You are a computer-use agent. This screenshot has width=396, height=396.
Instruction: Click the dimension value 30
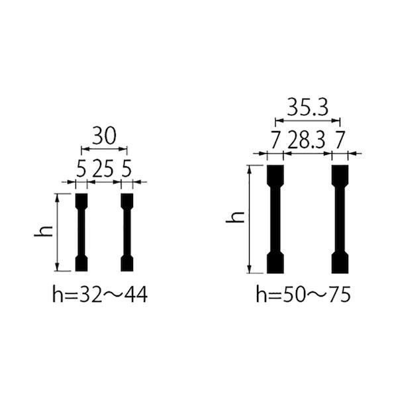click(104, 136)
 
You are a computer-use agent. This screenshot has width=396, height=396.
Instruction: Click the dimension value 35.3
click(308, 107)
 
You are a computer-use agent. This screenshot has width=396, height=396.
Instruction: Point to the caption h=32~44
click(100, 294)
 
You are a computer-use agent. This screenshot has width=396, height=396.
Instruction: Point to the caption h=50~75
click(303, 294)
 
